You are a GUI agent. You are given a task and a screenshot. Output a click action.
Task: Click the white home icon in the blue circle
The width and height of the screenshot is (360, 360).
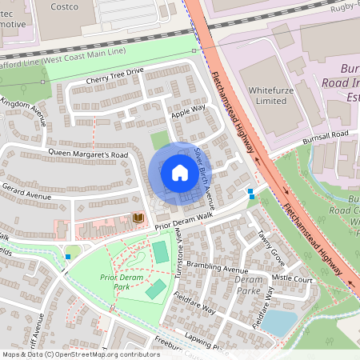point(179,172)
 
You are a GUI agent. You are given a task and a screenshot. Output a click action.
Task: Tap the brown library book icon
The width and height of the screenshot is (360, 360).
point(138,218)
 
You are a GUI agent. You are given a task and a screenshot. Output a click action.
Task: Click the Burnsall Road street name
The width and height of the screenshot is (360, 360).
point(325,136)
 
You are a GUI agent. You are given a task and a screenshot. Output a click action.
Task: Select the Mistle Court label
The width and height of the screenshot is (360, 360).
point(292,279)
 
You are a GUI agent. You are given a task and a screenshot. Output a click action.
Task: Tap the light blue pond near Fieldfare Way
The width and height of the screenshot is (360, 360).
point(279,322)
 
